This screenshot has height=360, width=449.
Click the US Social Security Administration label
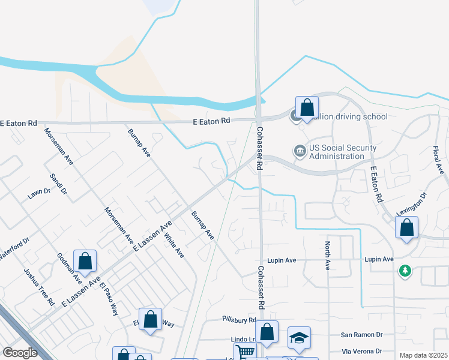pos(343,152)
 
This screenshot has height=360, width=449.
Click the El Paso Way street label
pos(110,298)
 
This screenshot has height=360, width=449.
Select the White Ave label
pos(173,245)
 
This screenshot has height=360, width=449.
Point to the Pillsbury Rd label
pos(239,320)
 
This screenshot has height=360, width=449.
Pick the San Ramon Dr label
pos(361,334)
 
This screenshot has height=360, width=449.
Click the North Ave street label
pos(328,255)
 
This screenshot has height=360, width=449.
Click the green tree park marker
pos(406,271)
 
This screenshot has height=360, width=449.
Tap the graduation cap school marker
pos(299,337)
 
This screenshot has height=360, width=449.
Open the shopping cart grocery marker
pos(244,352)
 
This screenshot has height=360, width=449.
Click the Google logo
pos(20,353)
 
